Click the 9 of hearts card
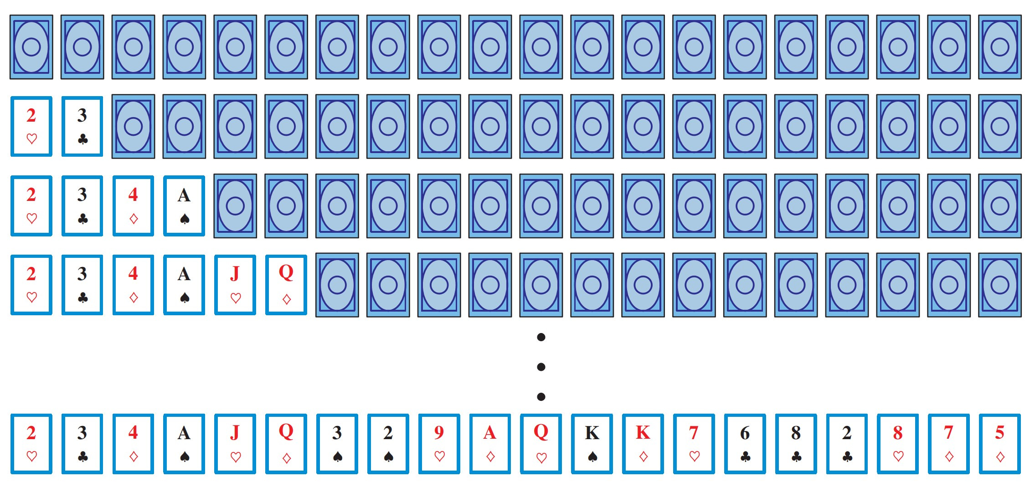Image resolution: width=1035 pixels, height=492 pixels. tap(439, 444)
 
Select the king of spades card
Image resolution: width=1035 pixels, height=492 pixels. tap(592, 444)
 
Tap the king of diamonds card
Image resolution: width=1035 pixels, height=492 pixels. tap(643, 444)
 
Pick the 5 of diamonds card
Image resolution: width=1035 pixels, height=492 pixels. tap(999, 444)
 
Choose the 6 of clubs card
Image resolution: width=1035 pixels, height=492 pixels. tap(745, 444)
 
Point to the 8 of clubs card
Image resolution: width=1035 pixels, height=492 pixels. tap(796, 444)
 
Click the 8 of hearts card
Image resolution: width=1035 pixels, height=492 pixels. tap(898, 444)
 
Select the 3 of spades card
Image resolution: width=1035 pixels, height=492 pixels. tap(337, 444)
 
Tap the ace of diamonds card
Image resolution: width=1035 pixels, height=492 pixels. tap(490, 444)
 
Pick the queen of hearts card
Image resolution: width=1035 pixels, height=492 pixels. tap(541, 444)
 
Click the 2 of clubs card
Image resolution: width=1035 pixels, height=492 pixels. tap(847, 444)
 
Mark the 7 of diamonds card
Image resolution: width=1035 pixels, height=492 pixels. tap(949, 444)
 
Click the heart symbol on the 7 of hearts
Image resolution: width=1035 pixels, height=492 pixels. tap(694, 456)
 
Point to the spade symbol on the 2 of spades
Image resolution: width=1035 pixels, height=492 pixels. tap(388, 456)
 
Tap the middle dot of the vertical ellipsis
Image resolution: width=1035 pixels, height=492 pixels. tap(541, 367)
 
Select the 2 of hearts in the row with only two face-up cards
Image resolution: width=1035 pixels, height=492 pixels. tap(31, 127)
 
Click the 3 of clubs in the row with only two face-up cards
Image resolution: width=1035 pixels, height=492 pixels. tap(82, 127)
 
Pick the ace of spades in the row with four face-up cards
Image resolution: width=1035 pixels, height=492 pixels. tap(184, 205)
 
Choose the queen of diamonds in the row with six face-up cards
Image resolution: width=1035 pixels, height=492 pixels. tap(286, 285)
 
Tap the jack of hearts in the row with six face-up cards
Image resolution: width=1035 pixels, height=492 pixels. tap(235, 285)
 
